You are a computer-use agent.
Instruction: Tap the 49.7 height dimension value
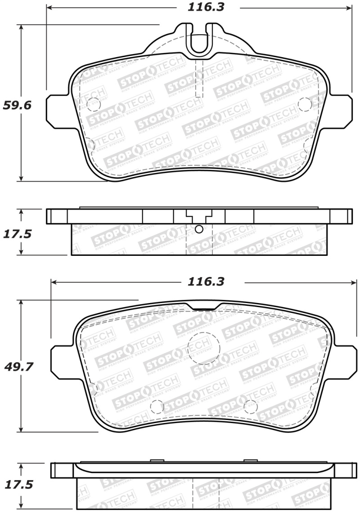18,367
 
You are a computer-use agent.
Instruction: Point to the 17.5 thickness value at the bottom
18,485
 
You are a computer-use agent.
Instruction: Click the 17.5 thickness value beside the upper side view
18,234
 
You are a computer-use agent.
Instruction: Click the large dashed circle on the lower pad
203,348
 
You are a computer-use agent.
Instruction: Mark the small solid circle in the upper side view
199,229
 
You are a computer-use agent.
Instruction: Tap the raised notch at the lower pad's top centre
205,306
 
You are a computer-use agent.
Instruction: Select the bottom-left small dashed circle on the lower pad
156,406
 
